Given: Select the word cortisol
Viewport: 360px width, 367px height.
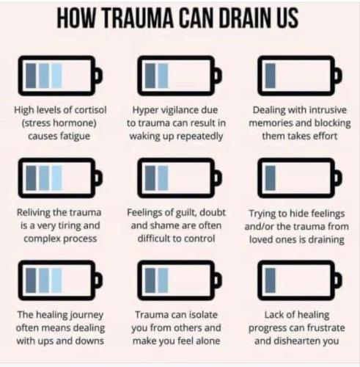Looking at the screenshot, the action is (x=90, y=110).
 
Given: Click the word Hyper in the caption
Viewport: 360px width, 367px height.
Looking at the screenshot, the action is (x=142, y=111).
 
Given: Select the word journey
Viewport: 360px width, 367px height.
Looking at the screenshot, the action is (x=87, y=315).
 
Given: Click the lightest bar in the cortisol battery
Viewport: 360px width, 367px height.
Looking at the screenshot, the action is (x=56, y=76).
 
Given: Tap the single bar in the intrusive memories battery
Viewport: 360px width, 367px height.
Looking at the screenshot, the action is (x=271, y=76).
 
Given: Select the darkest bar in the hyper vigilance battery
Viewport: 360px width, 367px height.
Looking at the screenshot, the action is (x=150, y=76).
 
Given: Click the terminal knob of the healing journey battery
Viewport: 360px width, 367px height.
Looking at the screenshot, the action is (x=98, y=280).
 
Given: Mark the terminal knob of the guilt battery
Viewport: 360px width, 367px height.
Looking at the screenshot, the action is (x=218, y=178).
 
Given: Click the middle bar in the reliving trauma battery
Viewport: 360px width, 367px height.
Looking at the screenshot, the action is (x=44, y=178).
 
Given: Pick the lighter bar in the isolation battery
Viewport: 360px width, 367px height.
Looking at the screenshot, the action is (x=164, y=280).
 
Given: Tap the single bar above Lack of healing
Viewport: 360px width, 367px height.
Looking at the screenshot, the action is (x=271, y=280).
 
